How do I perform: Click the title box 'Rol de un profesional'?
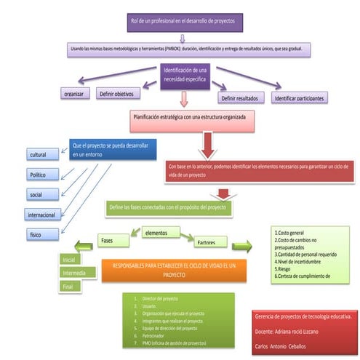coord(185,23)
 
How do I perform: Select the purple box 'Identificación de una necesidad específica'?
coord(185,74)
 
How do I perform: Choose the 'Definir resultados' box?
coord(239,97)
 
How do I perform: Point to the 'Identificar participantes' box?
coord(298,97)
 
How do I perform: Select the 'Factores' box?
coord(210,242)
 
